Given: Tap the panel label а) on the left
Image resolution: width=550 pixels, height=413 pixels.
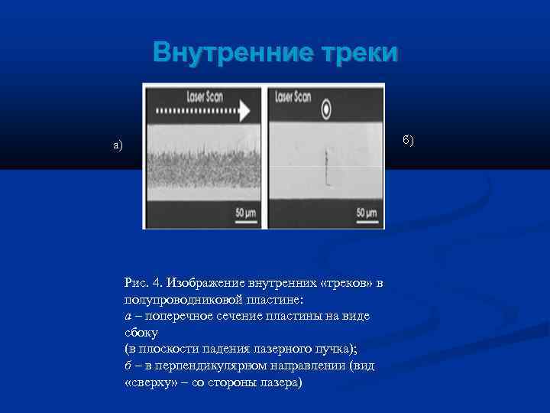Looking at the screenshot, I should [118, 145].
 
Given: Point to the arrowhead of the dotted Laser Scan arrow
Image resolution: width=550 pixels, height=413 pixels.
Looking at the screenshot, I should [245, 112].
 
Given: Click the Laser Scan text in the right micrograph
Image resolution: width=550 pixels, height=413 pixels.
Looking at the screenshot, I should [293, 97].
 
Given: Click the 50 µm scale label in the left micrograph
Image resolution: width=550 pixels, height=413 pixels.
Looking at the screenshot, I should [244, 211].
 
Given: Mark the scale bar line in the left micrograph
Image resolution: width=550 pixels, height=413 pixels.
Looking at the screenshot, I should [244, 220].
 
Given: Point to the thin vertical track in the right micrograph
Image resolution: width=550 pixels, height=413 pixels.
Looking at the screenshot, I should [326, 167].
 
